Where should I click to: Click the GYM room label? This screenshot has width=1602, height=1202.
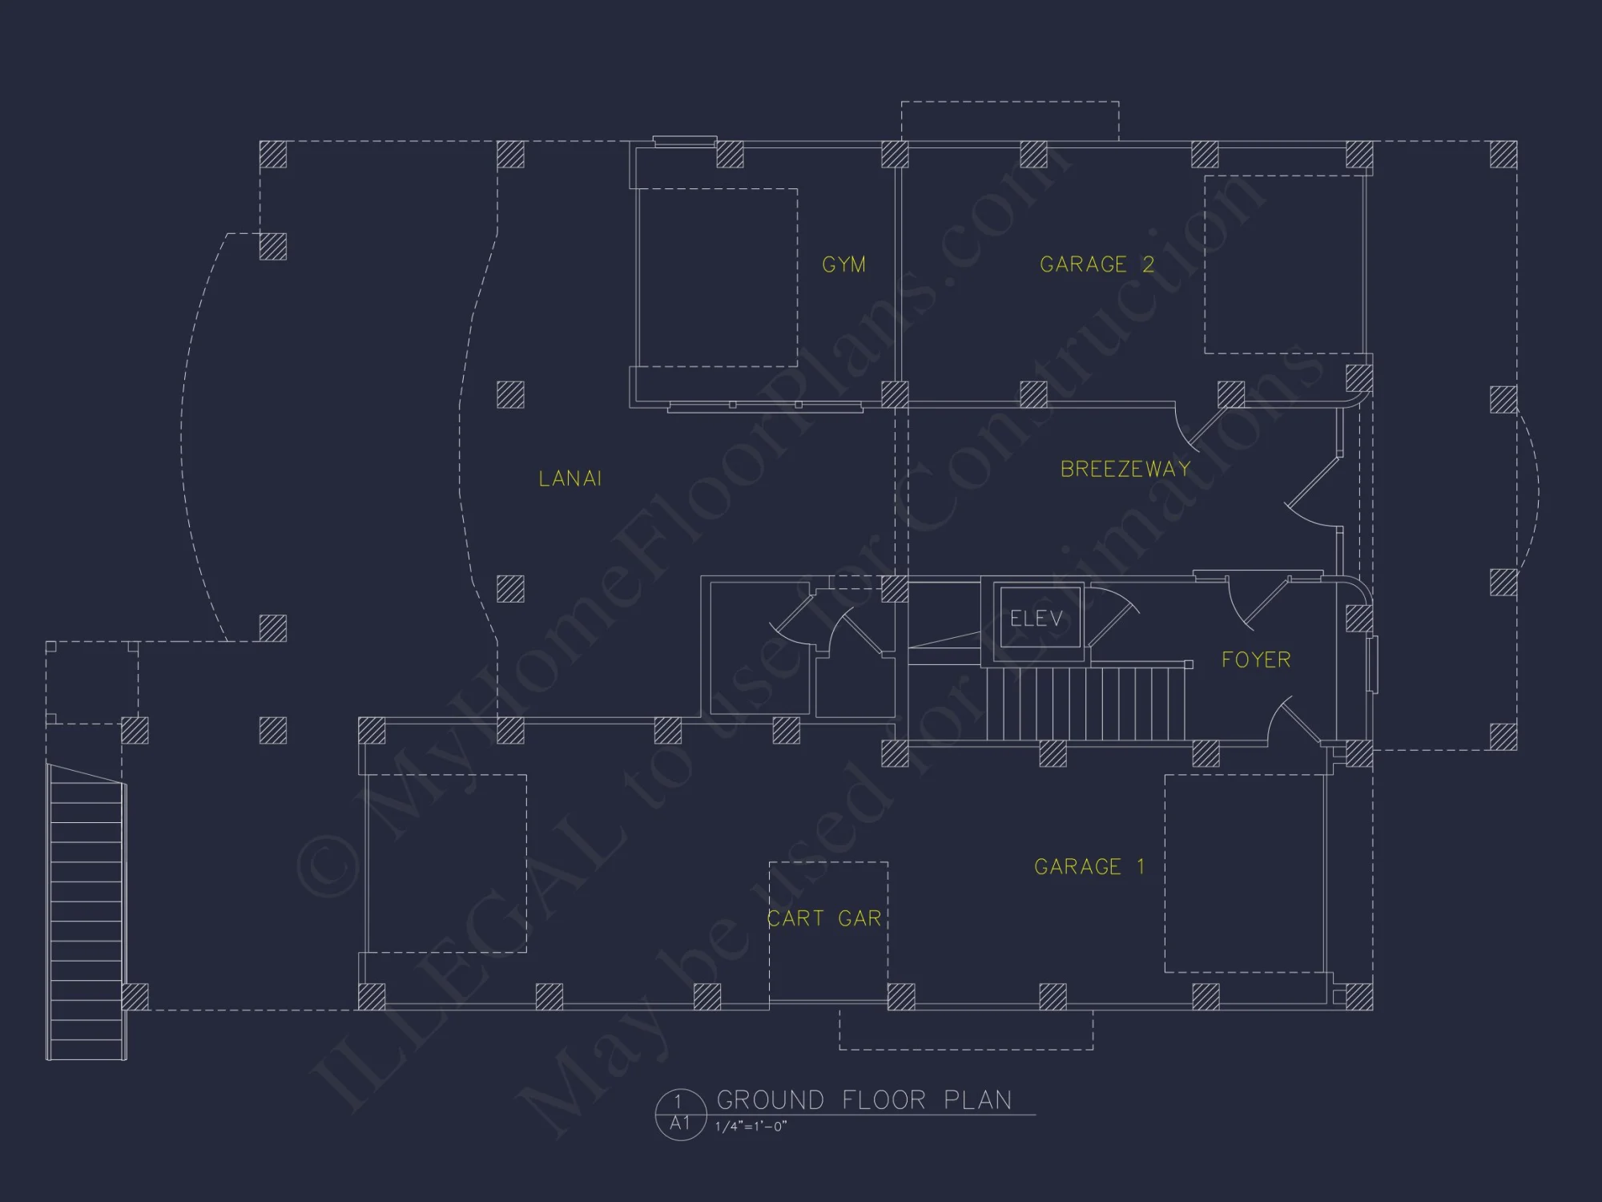843,264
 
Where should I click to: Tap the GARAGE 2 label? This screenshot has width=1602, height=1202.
1097,264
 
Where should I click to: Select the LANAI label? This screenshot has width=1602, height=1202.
570,478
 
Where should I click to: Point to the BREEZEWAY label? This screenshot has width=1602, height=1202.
1125,469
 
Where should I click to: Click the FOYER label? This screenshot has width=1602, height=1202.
1256,659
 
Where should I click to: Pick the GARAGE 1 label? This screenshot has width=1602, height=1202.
1089,866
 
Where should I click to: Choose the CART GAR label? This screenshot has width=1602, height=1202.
824,918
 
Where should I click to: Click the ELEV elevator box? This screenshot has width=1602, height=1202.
1036,618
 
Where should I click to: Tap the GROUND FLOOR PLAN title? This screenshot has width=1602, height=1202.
864,1099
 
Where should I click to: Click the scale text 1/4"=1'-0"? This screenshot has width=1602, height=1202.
751,1127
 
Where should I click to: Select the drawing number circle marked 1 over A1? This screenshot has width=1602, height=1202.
679,1113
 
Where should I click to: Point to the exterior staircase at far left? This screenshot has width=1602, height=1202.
87,914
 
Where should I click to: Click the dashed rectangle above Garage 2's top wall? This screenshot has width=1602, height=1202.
1009,121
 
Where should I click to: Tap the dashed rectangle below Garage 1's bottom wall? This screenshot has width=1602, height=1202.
966,1030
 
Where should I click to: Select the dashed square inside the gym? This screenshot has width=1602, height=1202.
717,277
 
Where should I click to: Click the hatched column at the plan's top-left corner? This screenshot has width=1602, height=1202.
273,154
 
